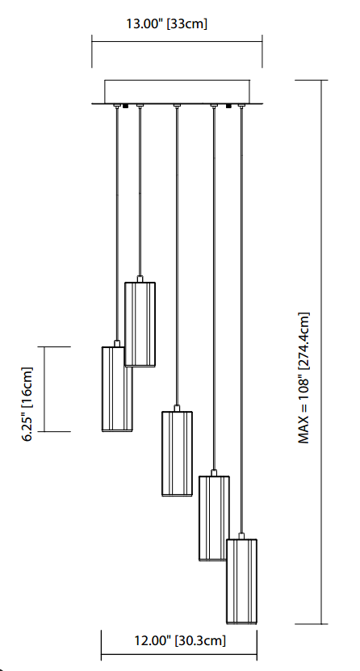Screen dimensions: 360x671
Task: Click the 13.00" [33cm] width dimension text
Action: [166, 23]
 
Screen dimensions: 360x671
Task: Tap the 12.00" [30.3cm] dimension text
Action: [180, 640]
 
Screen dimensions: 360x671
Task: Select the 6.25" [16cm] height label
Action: [27, 404]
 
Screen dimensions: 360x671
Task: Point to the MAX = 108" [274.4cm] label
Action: [303, 378]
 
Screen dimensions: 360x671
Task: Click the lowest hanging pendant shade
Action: [241, 581]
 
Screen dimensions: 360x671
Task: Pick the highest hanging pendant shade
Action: [140, 325]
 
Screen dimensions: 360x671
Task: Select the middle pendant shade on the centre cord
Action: [177, 454]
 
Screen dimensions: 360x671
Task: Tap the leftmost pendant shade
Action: [117, 389]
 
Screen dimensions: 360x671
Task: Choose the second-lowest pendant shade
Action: [214, 518]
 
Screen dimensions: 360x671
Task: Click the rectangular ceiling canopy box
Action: [177, 91]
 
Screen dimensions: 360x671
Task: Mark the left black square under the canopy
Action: [125, 106]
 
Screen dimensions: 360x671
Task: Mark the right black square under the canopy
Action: [228, 106]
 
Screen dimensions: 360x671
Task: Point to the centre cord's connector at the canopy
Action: [177, 105]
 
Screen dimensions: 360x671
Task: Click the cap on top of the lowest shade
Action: [241, 536]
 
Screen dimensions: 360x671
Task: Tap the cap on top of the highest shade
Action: [140, 279]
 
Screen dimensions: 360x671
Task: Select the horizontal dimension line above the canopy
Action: [177, 41]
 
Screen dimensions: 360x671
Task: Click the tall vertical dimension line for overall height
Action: [321, 352]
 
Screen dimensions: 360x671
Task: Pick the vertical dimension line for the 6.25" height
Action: [44, 389]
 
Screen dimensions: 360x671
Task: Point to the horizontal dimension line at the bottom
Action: [179, 655]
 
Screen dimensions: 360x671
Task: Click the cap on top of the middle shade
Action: [177, 409]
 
